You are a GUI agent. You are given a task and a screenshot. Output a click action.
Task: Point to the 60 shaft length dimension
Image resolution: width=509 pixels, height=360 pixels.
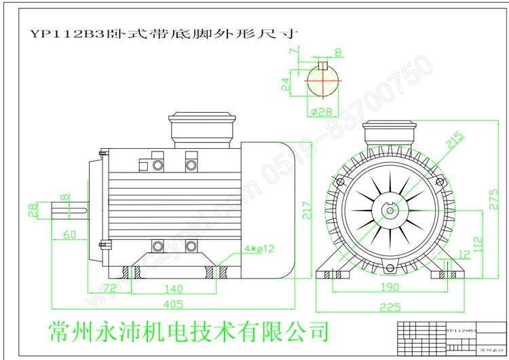point(69,235)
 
